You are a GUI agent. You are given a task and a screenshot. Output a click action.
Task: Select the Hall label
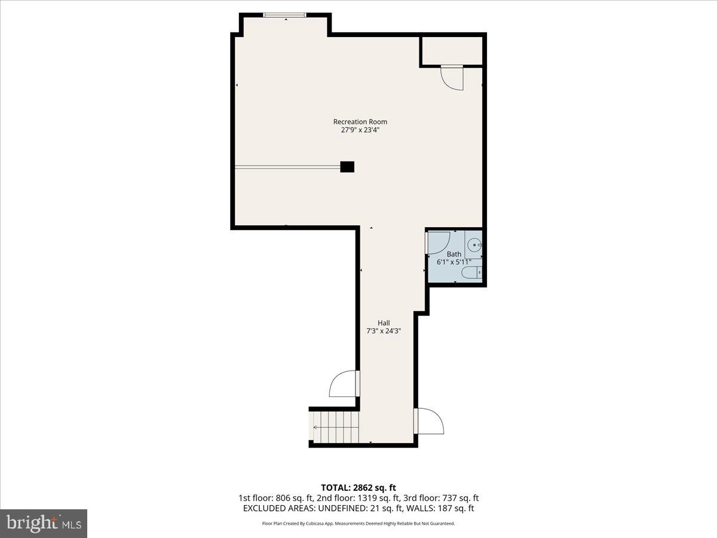(x=384, y=323)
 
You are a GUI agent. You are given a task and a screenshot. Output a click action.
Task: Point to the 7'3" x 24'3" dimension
(x=384, y=332)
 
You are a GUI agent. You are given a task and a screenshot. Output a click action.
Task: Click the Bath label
(x=454, y=254)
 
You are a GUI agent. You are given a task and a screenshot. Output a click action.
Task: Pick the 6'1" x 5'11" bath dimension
(x=454, y=262)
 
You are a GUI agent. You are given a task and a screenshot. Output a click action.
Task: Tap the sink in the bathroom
(x=474, y=244)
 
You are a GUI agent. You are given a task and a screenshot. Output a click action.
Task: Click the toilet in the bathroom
(x=472, y=273)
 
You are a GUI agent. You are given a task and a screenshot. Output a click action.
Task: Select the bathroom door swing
(x=439, y=242)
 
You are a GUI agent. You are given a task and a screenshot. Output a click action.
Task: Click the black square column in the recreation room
(x=347, y=167)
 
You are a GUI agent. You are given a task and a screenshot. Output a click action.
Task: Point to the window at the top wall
(x=285, y=15)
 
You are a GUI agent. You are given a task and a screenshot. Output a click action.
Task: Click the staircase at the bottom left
(x=335, y=426)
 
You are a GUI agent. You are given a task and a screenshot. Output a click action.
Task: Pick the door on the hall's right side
(x=430, y=421)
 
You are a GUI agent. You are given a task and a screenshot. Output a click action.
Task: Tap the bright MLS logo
(x=44, y=523)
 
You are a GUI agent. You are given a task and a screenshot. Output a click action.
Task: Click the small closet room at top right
(x=452, y=51)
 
